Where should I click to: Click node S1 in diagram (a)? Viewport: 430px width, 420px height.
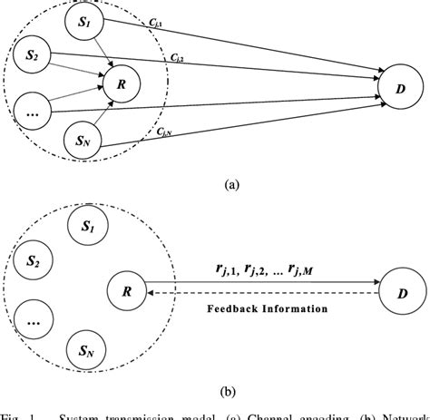pos(86,24)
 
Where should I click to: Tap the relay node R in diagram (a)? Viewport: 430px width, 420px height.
pos(117,84)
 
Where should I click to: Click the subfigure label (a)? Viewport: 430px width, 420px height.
pos(232,183)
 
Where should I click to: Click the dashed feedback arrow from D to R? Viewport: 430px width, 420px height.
pos(263,296)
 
